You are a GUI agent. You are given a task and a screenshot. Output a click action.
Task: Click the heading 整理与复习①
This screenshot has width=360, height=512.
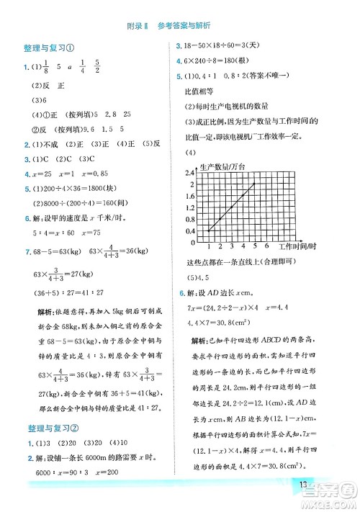point(47,49)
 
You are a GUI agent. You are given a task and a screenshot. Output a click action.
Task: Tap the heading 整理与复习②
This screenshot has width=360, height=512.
point(47,425)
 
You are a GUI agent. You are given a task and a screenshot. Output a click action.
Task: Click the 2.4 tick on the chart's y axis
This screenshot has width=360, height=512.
point(190,174)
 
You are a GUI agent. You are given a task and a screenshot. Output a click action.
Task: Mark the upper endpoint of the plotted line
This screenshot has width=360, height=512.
point(255,184)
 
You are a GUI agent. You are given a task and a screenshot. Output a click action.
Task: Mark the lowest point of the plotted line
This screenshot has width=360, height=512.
point(209,230)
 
